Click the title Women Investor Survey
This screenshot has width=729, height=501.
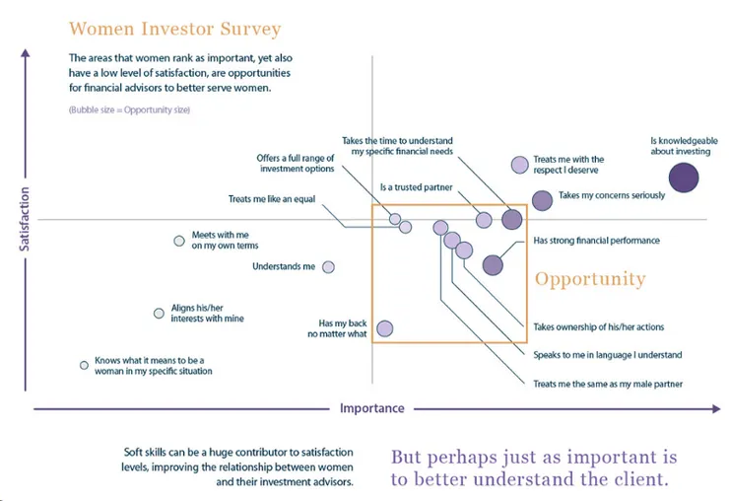(175, 29)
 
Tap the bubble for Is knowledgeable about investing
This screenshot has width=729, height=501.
(684, 178)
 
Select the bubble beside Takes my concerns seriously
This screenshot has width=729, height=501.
(542, 200)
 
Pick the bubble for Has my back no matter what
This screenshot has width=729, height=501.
(385, 328)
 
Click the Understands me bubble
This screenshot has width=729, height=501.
(329, 267)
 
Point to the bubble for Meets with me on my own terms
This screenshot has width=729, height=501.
(178, 241)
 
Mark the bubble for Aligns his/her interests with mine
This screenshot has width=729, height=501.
(159, 314)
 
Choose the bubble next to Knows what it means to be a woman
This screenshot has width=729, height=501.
(84, 365)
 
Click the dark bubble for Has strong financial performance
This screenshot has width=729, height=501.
(493, 264)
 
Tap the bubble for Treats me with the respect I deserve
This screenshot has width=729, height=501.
(519, 165)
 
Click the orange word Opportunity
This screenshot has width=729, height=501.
(590, 279)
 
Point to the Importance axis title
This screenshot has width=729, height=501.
(371, 408)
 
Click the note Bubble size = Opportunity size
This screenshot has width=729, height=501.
(129, 109)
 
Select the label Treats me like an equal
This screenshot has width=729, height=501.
(271, 199)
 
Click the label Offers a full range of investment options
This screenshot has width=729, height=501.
(297, 163)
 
